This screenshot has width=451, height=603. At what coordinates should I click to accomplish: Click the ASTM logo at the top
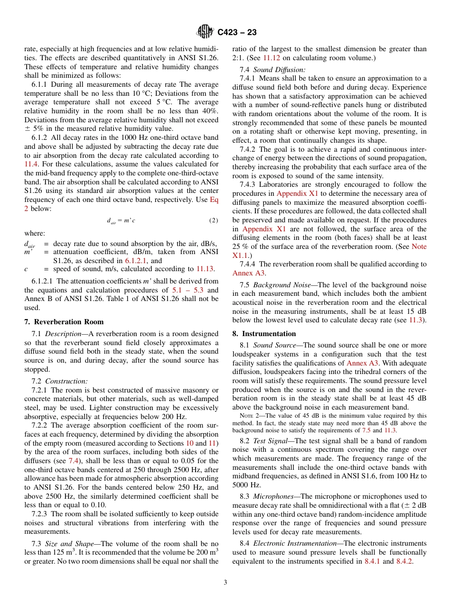[205, 32]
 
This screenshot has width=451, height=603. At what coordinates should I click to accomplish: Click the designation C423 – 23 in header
[237, 32]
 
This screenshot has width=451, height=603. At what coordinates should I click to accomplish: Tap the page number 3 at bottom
[225, 582]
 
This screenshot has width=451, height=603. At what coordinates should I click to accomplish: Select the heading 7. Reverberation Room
[64, 322]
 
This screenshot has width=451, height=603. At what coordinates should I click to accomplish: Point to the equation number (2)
[214, 220]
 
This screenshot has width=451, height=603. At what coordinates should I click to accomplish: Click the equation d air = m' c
[121, 220]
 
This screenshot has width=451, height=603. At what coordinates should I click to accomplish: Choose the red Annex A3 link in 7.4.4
[243, 273]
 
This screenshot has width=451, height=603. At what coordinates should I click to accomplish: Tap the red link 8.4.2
[404, 561]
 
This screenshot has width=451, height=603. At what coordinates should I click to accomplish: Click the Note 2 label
[249, 416]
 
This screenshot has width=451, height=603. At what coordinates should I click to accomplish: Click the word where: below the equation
[35, 233]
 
